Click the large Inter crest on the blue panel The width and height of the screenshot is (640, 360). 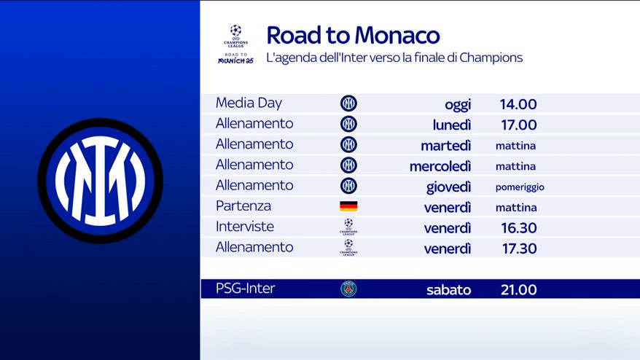click(x=101, y=181)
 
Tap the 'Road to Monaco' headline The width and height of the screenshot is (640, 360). click(x=353, y=35)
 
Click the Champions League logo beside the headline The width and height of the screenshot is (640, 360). click(x=236, y=44)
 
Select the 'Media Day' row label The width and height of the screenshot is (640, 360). click(x=249, y=103)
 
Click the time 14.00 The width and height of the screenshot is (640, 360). click(x=518, y=104)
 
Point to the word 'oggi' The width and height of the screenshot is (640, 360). click(x=458, y=105)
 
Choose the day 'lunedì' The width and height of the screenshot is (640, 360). click(x=452, y=125)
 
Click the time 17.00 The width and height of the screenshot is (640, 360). click(x=519, y=125)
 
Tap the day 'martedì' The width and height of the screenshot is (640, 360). click(x=446, y=145)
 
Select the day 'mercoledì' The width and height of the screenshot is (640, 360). click(x=440, y=166)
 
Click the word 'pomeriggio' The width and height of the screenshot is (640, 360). click(x=520, y=187)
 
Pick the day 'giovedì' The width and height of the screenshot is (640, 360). click(x=448, y=187)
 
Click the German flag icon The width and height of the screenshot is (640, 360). click(x=348, y=206)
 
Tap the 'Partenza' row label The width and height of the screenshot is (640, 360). click(x=243, y=206)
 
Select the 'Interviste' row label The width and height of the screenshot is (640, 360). click(x=245, y=227)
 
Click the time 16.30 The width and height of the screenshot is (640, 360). click(x=519, y=228)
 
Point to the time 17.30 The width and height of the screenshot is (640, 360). click(x=519, y=249)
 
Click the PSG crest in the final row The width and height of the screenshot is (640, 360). click(x=348, y=289)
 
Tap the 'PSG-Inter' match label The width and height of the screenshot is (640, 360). click(x=246, y=289)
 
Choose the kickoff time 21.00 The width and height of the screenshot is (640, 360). click(x=519, y=290)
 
